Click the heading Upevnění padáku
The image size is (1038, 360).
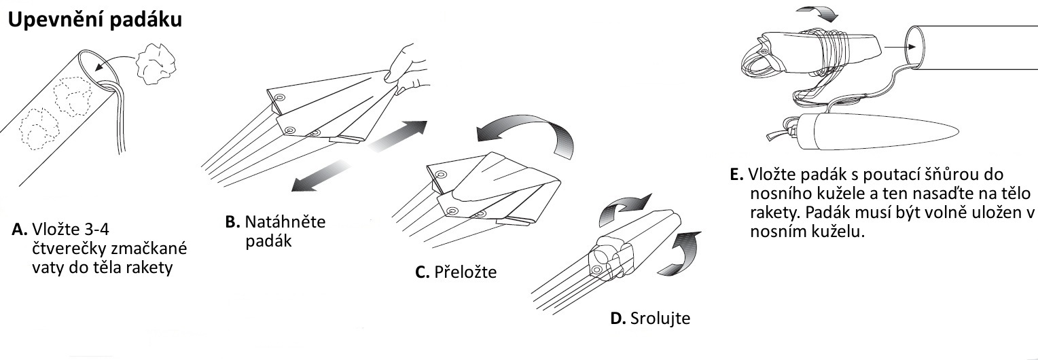95,20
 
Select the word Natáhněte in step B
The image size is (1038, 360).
285,221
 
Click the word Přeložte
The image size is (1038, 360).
465,272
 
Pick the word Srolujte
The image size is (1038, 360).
660,318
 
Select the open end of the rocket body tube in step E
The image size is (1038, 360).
915,46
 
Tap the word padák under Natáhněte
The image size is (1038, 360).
268,241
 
